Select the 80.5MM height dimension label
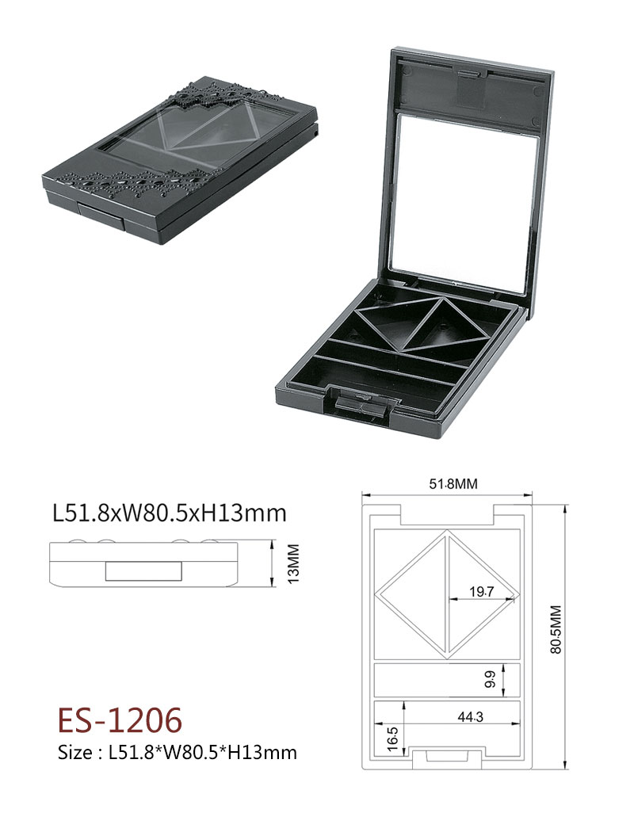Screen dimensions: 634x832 click(x=556, y=629)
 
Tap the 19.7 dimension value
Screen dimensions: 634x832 click(x=481, y=592)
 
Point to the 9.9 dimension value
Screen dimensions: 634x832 click(x=489, y=679)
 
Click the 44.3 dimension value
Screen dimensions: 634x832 click(x=471, y=717)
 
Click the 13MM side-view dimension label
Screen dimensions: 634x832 click(x=293, y=563)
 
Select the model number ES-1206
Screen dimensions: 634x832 click(x=120, y=720)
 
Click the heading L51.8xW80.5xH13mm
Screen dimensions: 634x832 click(x=170, y=513)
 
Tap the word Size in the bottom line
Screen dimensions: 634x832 click(x=75, y=753)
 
